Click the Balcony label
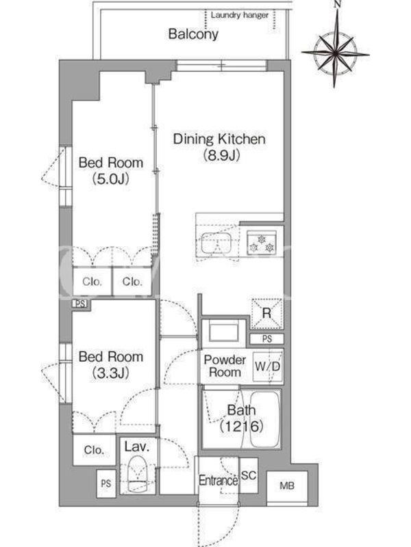click(193, 34)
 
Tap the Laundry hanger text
click(240, 15)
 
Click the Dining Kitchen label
click(219, 139)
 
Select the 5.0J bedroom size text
click(110, 179)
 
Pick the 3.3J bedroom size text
click(110, 373)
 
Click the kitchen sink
click(216, 243)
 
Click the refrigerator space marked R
click(266, 313)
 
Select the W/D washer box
click(267, 366)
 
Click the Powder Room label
click(225, 366)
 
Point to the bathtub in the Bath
click(265, 418)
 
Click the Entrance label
click(219, 481)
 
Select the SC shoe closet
click(249, 475)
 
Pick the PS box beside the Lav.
click(106, 483)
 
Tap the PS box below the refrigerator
click(267, 338)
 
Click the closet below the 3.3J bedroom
click(94, 450)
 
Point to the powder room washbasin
click(224, 331)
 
